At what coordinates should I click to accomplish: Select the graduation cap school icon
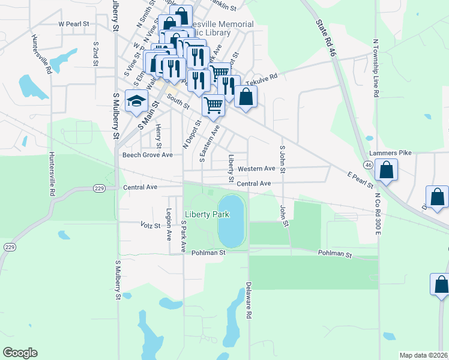click(136, 100)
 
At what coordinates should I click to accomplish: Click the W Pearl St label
click(73, 24)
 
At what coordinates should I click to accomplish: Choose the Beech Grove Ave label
click(147, 155)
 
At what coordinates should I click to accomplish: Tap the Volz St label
click(150, 226)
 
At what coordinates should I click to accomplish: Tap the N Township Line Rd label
click(376, 70)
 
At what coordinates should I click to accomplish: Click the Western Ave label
click(256, 169)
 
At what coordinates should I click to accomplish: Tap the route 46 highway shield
click(368, 163)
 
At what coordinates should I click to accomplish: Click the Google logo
click(20, 353)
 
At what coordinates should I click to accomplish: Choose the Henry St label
click(158, 136)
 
